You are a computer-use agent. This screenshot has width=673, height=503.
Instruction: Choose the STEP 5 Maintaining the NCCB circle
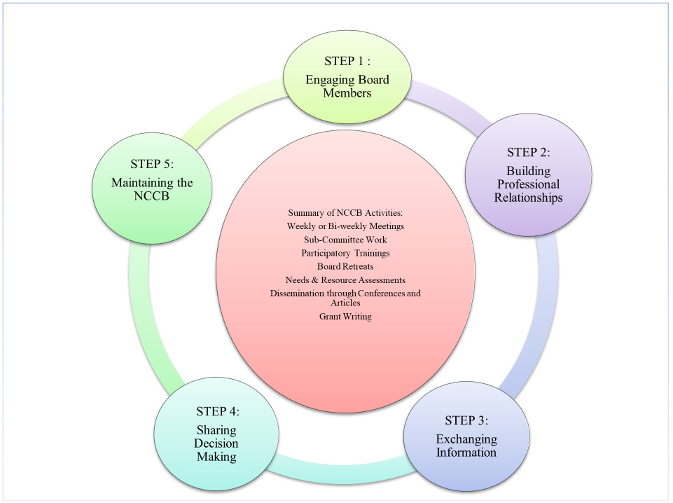coord(153,184)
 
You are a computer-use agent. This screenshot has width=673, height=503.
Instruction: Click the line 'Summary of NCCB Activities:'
coord(345,212)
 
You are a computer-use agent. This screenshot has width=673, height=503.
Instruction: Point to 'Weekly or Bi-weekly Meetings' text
coord(345,226)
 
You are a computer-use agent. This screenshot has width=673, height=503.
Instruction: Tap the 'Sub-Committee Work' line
coord(345,240)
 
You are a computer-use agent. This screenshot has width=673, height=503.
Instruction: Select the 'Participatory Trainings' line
coord(345,253)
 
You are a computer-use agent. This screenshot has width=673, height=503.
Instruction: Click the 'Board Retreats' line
coord(345,266)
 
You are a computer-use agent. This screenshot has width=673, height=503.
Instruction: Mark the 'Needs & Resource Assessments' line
coord(345,280)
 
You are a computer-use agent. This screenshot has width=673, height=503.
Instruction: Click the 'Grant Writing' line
coord(345,317)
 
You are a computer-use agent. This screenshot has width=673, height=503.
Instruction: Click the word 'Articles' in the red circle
coord(345,303)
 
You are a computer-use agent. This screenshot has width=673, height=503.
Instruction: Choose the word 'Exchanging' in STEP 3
coord(466,439)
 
